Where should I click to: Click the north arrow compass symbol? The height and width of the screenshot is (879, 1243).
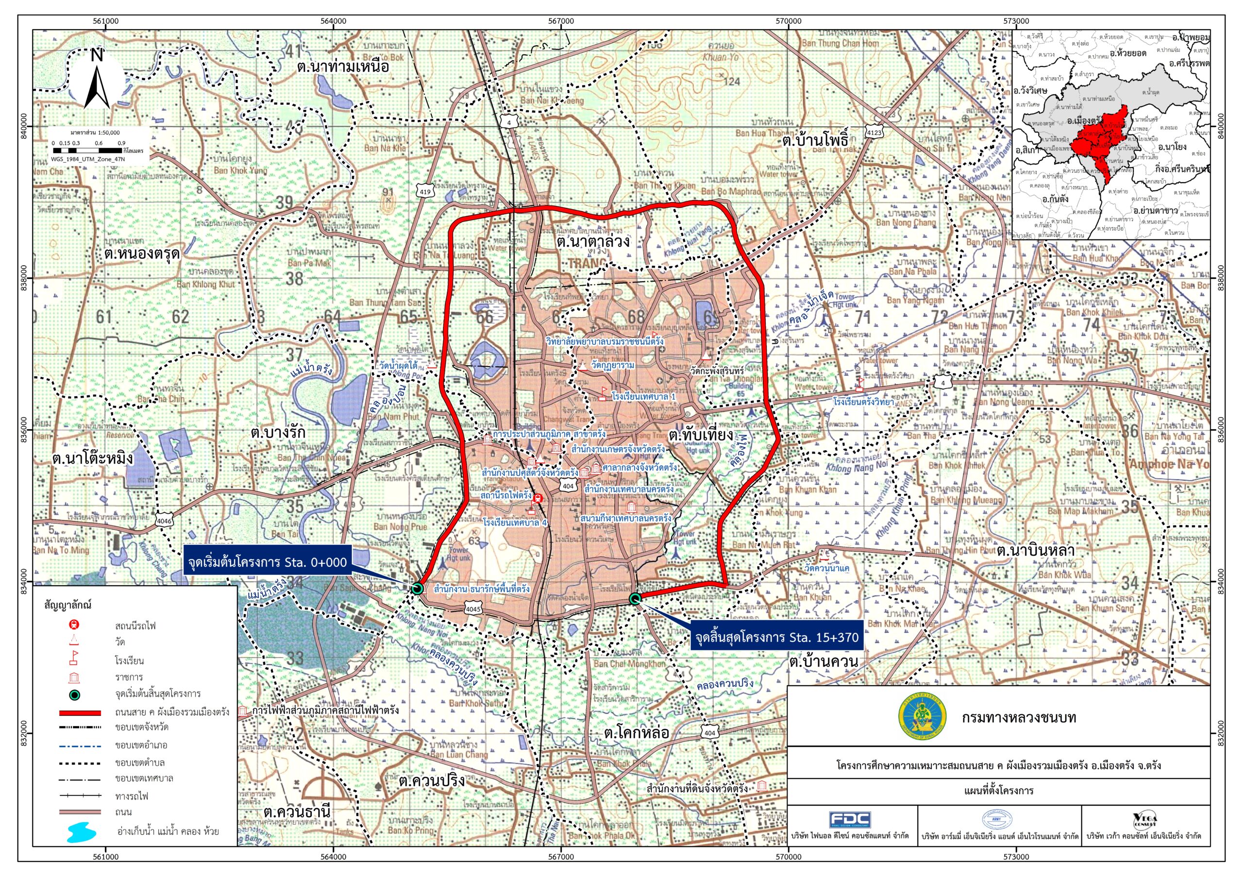[97, 80]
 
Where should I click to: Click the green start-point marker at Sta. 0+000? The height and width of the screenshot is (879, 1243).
[416, 588]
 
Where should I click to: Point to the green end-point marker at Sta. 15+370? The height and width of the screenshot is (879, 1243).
[635, 598]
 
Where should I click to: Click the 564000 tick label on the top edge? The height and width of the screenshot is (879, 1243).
[333, 21]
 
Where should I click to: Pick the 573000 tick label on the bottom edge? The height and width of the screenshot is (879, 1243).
[1016, 857]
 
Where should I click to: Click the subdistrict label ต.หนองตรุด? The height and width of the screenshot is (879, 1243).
[142, 254]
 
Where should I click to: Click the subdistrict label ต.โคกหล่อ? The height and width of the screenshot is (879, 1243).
[636, 733]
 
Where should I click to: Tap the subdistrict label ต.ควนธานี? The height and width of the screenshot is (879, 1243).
[297, 812]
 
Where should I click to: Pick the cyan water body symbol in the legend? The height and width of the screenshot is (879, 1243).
[82, 832]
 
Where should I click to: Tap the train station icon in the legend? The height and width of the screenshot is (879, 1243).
[75, 625]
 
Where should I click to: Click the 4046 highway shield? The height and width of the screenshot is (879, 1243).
[164, 521]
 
